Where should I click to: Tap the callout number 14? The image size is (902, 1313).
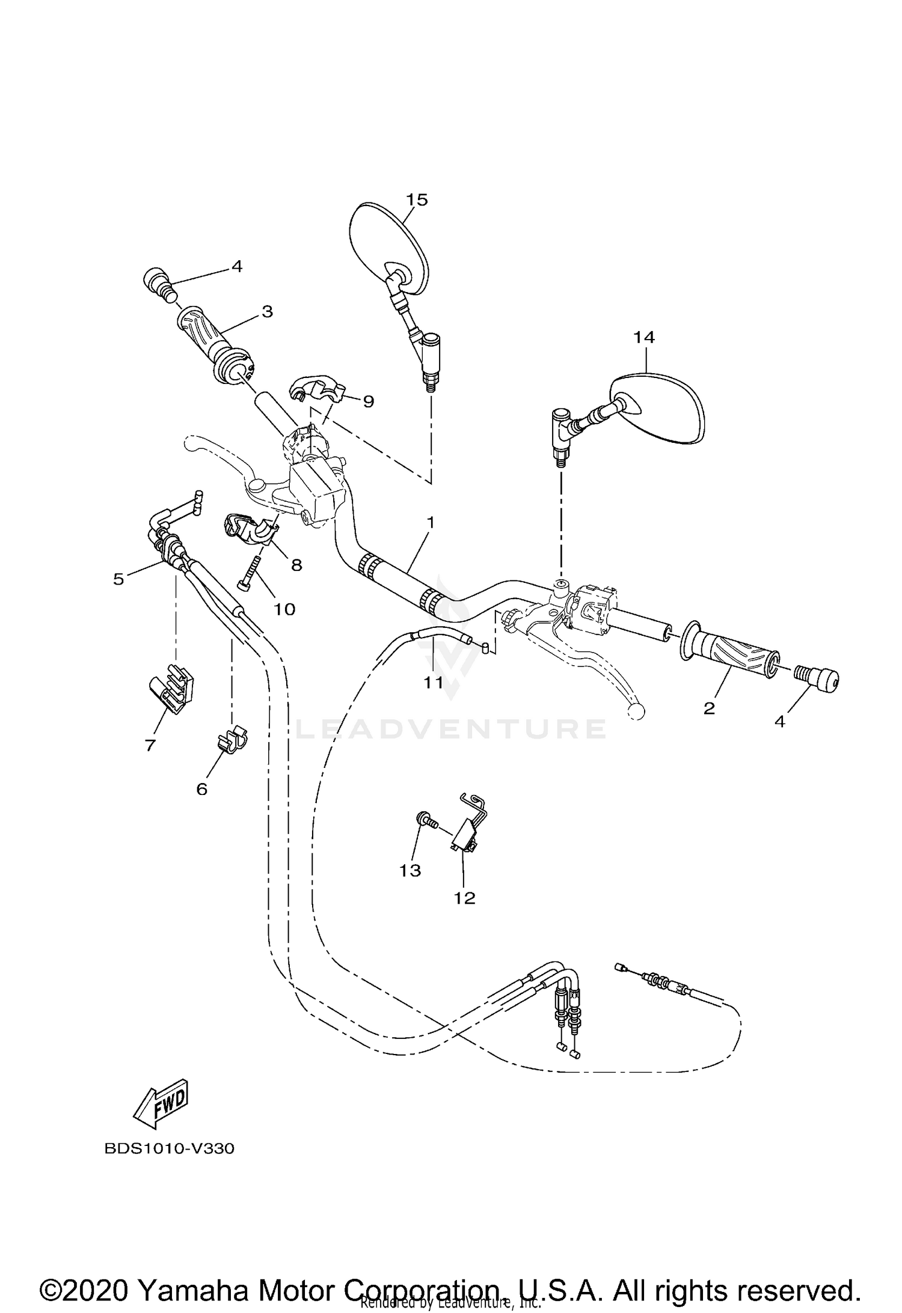tap(643, 338)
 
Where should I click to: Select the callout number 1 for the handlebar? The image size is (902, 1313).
tap(430, 522)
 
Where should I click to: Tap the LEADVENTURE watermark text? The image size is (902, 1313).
tap(451, 730)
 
